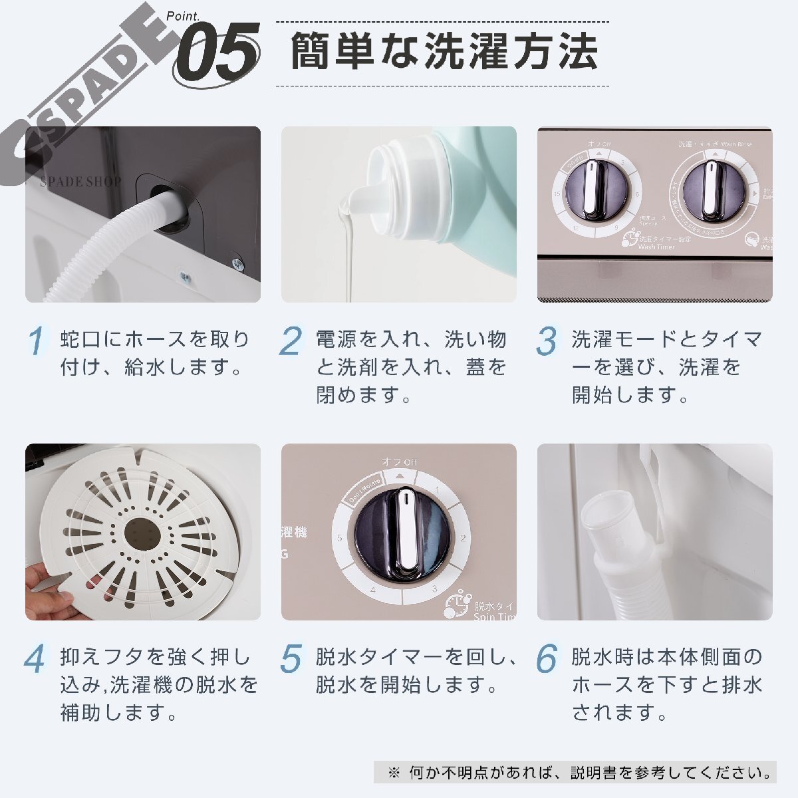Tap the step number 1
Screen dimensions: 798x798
click(x=37, y=341)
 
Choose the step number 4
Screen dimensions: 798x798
click(x=35, y=658)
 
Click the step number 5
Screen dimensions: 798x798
click(x=291, y=658)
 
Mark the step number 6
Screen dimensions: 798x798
click(x=547, y=658)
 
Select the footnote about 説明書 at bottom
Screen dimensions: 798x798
click(x=579, y=773)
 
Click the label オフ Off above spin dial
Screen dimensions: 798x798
click(x=399, y=462)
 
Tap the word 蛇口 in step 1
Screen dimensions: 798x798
click(x=80, y=340)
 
